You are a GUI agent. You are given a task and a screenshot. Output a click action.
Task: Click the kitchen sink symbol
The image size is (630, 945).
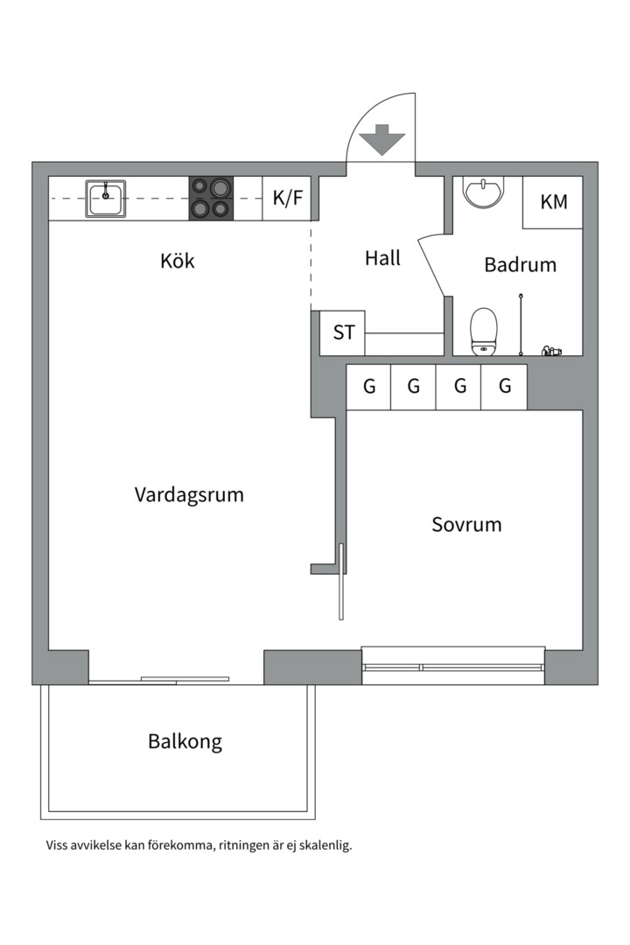point(105,199)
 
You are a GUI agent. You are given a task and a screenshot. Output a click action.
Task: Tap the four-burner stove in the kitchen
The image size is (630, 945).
point(212,198)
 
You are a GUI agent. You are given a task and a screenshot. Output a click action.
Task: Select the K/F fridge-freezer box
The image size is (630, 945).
point(287,199)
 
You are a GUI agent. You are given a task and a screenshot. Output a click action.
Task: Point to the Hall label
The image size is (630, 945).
point(382,258)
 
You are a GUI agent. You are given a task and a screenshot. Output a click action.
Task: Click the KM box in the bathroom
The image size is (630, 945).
point(553,202)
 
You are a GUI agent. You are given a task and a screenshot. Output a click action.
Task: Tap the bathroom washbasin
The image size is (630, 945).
point(483,192)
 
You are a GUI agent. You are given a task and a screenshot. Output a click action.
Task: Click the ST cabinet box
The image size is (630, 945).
point(343,333)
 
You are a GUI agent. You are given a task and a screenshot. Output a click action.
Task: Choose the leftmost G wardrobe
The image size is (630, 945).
point(369,387)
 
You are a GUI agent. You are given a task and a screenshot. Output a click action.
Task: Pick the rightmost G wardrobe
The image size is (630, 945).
point(504,387)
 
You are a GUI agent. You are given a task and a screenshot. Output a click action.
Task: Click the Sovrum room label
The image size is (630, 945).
point(466,525)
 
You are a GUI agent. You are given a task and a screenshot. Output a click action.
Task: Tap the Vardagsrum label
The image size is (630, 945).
point(189,494)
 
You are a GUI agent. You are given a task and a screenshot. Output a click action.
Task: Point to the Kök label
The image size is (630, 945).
point(178,261)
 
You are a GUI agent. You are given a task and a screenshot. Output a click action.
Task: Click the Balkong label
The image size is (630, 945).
point(185,742)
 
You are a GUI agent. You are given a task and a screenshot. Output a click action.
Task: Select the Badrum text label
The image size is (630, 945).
point(520,264)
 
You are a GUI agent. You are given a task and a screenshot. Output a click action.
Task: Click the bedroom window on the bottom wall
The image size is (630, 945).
point(453,666)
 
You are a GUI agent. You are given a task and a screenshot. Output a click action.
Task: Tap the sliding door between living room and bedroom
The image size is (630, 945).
point(341,582)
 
